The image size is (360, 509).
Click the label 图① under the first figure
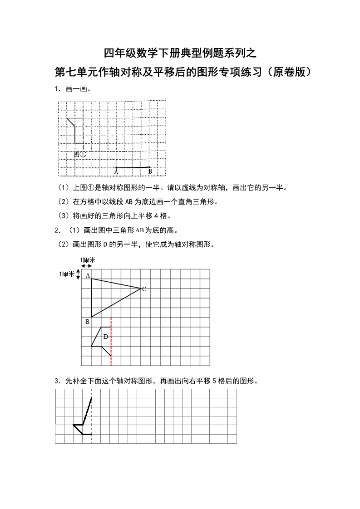[x=80, y=154]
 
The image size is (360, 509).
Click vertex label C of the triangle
[x=144, y=289]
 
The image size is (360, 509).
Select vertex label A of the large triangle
[x=88, y=275]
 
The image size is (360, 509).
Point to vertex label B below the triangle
[x=87, y=322]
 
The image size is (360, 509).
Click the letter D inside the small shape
[x=105, y=337]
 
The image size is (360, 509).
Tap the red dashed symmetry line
[x=111, y=345]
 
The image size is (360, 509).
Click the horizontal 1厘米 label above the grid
[x=88, y=260]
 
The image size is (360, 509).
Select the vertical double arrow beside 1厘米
[x=78, y=274]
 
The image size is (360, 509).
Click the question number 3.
[x=56, y=381]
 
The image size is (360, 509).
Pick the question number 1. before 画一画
[x=56, y=89]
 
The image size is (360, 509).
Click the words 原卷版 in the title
[x=290, y=72]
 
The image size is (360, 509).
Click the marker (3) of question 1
[x=63, y=215]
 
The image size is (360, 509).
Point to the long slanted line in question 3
[x=87, y=411]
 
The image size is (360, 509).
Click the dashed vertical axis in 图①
[x=83, y=132]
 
